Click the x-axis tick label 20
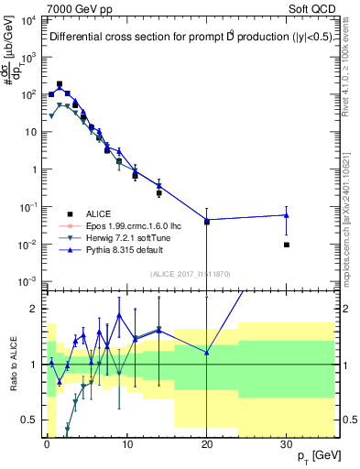coord(206,443)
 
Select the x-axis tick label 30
coord(286,443)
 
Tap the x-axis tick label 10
coord(126,443)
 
